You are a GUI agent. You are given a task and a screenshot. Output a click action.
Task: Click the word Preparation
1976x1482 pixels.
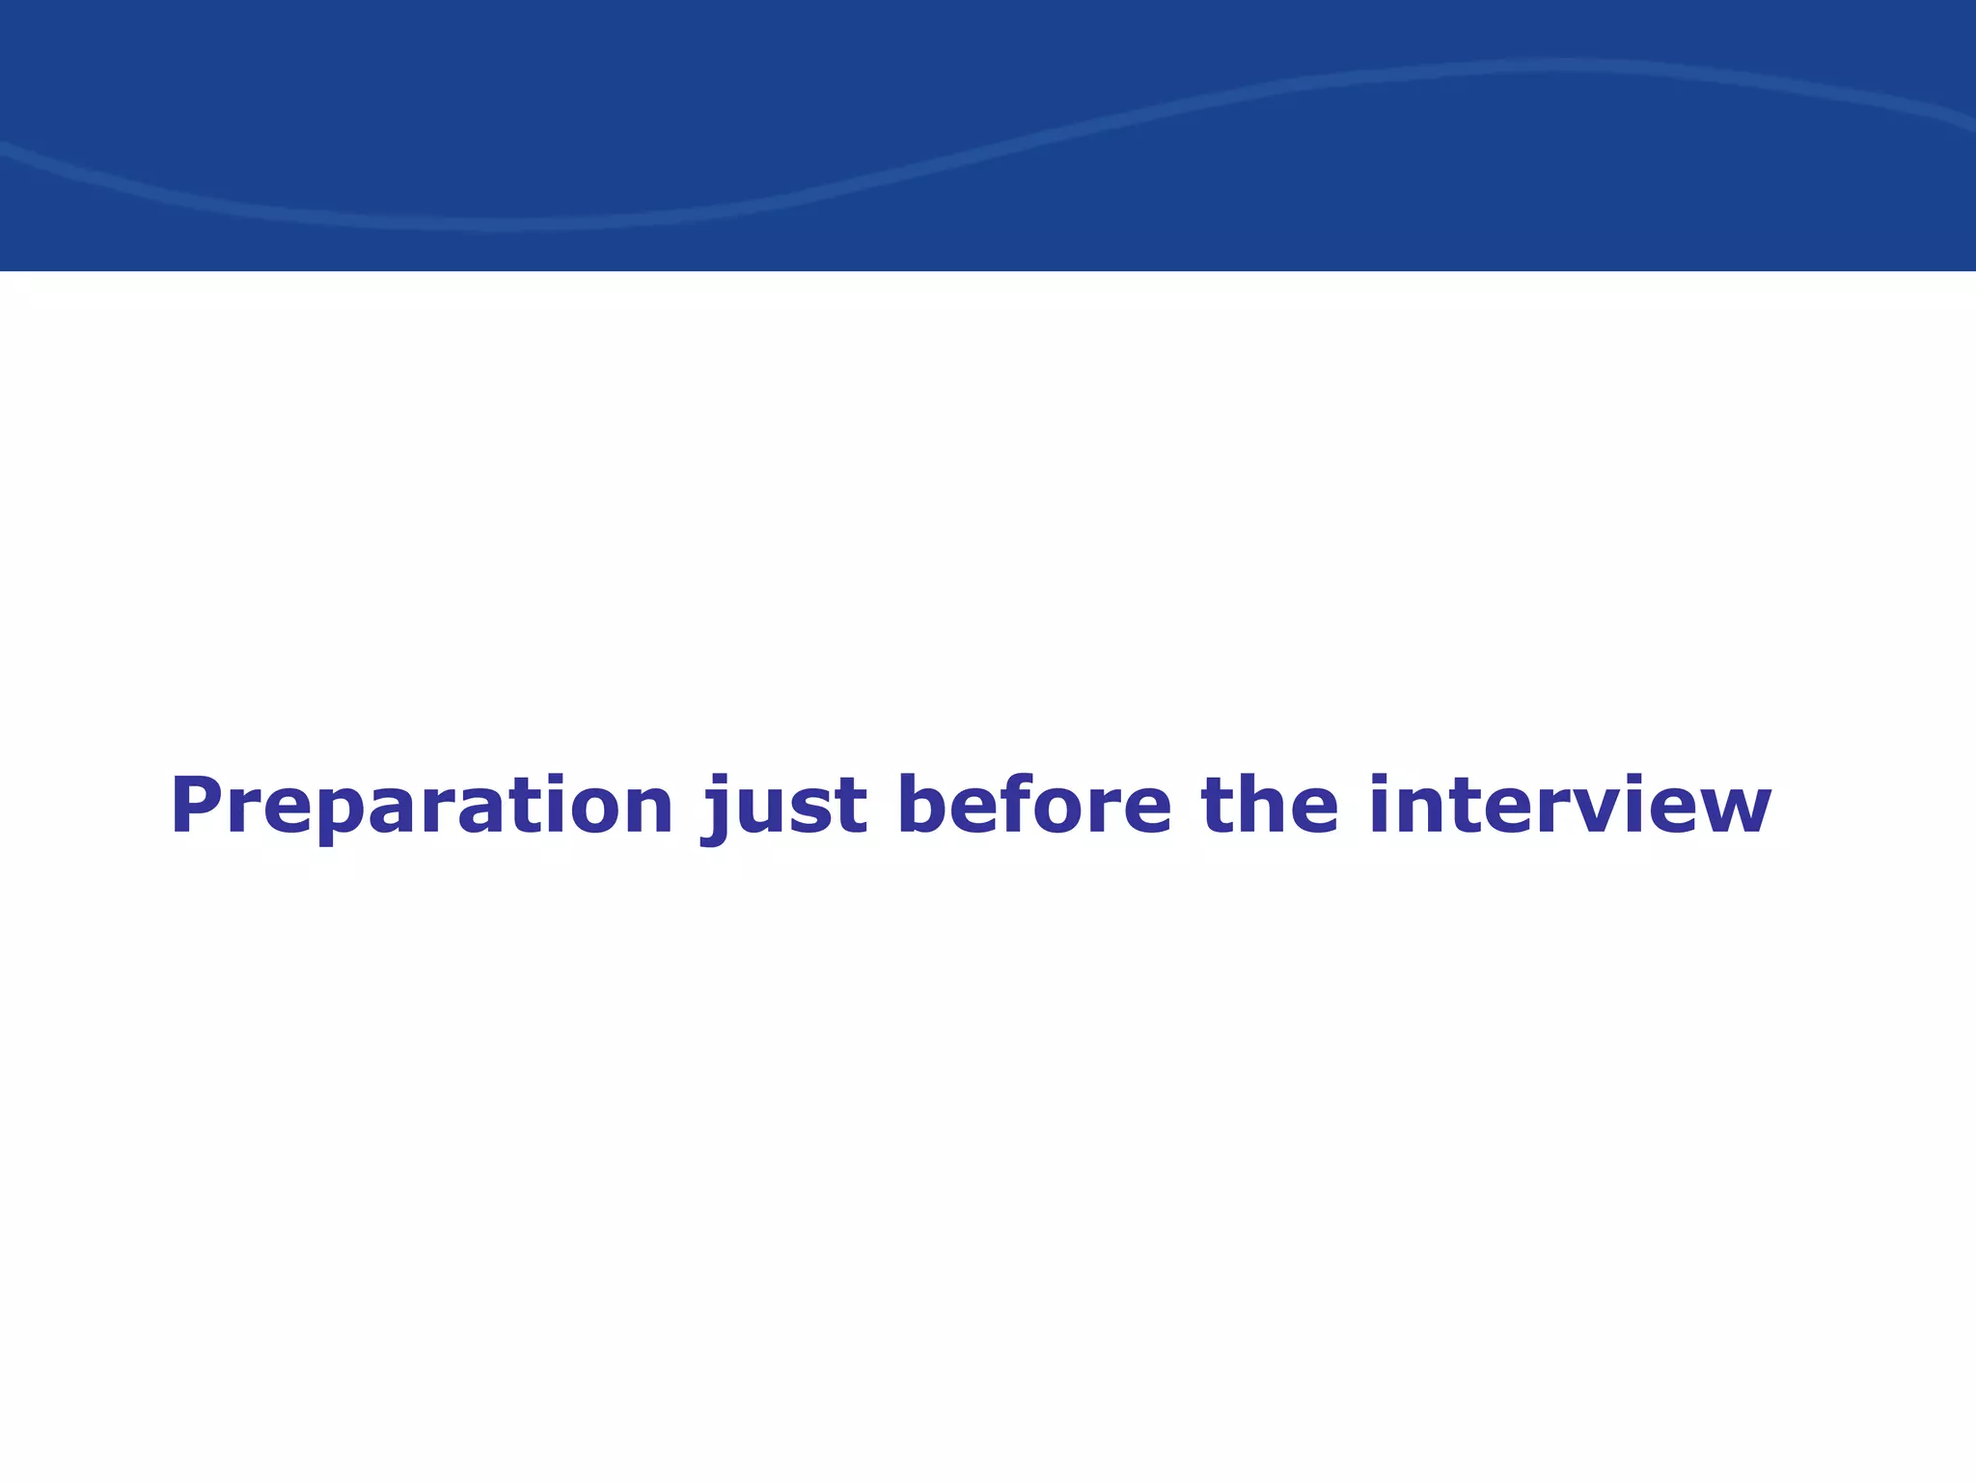(422, 807)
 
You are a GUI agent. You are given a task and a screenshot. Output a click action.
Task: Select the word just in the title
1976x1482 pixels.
(783, 807)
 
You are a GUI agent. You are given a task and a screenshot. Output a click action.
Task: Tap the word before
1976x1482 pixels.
(1033, 805)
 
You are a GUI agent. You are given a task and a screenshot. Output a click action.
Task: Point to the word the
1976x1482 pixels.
(1270, 805)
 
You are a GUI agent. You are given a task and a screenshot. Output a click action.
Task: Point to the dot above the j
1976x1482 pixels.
(719, 780)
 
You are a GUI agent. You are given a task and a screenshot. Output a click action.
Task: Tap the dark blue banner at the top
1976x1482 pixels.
(988, 135)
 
